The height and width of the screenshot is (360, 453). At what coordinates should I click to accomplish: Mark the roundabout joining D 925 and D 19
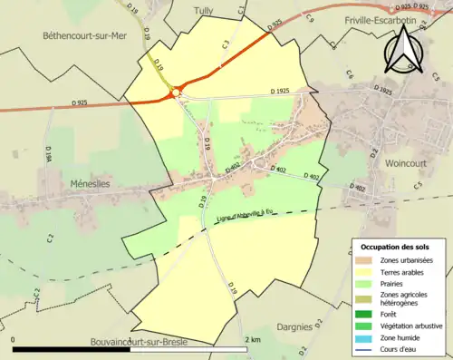176,90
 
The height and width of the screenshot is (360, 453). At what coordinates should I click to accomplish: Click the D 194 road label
47,157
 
